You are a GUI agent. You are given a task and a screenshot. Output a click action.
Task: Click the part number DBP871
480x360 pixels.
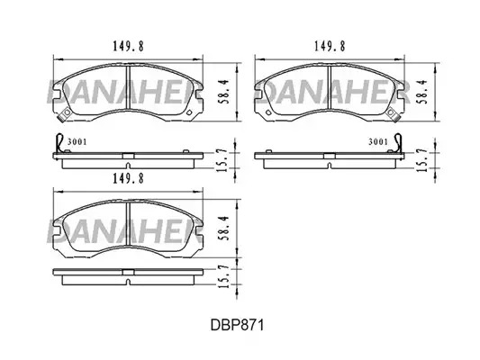(x=237, y=325)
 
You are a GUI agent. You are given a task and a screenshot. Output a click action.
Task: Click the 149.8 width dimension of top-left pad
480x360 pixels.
(x=128, y=46)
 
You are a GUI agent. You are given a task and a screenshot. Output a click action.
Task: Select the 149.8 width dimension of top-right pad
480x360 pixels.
(x=330, y=46)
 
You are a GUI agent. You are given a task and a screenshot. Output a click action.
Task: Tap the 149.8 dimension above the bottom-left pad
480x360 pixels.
(x=128, y=178)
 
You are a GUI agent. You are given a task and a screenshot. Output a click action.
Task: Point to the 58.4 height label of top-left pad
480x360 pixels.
(x=225, y=92)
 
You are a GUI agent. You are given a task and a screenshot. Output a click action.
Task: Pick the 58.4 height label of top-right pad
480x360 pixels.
(x=423, y=92)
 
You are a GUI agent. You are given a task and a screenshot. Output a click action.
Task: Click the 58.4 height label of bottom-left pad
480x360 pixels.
(x=225, y=229)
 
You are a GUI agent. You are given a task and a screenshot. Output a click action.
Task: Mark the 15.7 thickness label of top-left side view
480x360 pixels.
(x=222, y=160)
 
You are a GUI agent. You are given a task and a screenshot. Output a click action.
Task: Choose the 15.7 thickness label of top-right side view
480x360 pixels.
(x=422, y=160)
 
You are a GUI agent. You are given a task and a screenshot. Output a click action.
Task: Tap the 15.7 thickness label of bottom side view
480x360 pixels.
(x=222, y=277)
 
